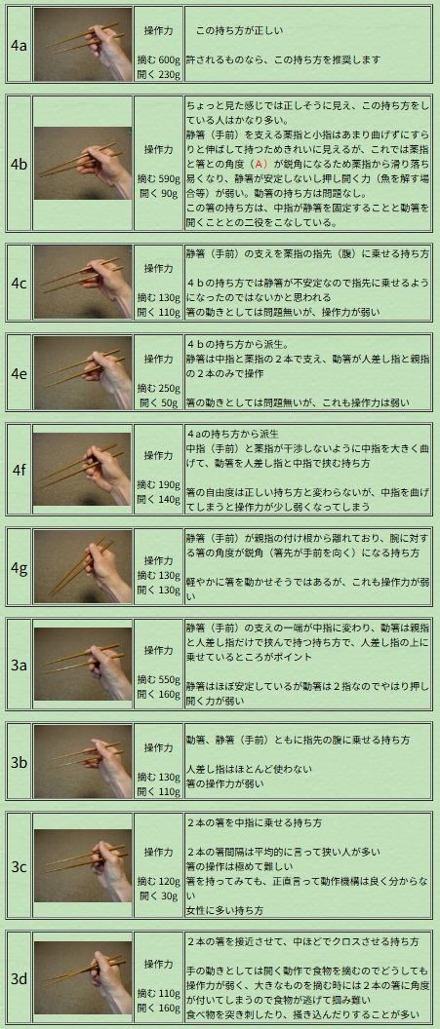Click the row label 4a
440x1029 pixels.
click(19, 45)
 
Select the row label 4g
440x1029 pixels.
click(20, 568)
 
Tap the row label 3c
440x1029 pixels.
click(20, 867)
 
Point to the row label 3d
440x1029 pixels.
click(20, 979)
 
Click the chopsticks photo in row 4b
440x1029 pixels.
click(83, 164)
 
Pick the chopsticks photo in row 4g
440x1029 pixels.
click(83, 567)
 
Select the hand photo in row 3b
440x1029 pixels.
click(83, 762)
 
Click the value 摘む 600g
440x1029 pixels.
click(158, 60)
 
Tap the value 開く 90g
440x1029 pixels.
click(158, 194)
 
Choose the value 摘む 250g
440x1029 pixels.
click(158, 389)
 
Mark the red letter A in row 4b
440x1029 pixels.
click(261, 164)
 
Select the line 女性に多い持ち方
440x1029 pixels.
click(224, 910)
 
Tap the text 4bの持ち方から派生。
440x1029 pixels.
click(230, 344)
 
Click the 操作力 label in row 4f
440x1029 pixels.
click(158, 455)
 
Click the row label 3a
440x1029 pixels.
click(20, 665)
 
